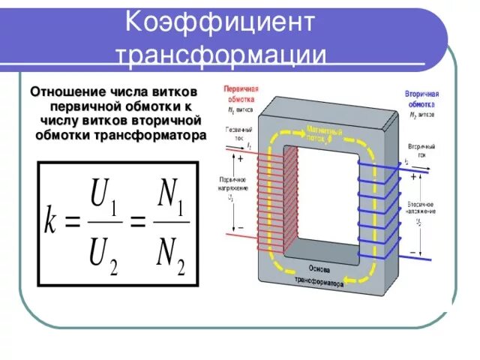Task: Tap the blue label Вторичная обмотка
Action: [x=421, y=98]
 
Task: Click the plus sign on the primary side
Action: [x=240, y=158]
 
